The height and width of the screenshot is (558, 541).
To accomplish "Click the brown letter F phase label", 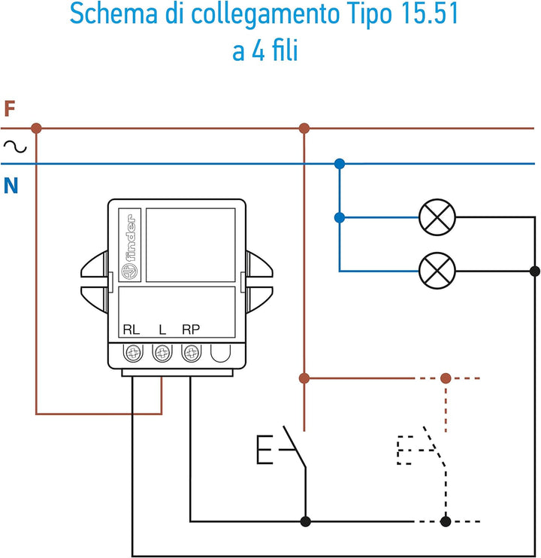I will click(10, 109).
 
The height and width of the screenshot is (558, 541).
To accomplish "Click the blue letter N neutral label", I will click(11, 185).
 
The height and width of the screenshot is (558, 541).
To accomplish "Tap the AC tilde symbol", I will click(15, 147).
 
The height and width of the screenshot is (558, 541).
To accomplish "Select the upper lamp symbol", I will click(437, 218).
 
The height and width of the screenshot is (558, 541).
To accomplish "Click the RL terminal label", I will click(131, 329).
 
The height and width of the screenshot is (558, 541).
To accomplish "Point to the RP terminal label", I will click(191, 329).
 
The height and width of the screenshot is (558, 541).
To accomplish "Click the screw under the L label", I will click(162, 351).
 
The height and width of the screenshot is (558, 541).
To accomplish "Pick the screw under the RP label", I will click(191, 351).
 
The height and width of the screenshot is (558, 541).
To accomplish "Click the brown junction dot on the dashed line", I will click(446, 378).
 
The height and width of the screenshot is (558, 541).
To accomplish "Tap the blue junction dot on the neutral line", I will click(340, 163).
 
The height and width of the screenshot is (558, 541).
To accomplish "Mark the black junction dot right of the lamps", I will click(535, 271).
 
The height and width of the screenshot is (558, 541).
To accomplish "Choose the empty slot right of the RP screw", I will click(220, 352).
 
